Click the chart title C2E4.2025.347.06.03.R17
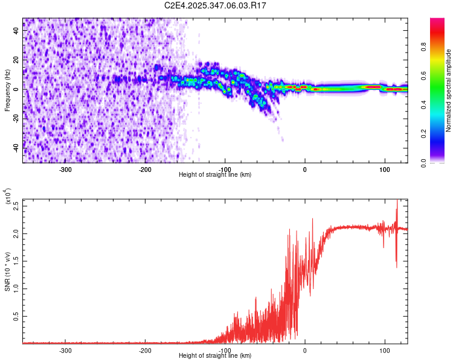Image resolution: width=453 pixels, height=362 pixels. (x=216, y=6)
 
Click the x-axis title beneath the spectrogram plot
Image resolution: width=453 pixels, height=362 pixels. (x=216, y=175)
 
